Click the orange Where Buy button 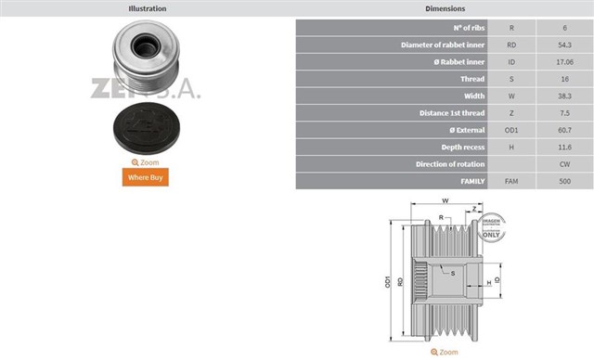click(145, 177)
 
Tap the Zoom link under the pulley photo click(145, 162)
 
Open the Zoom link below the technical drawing click(444, 353)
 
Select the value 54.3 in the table click(563, 45)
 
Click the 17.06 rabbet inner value click(563, 62)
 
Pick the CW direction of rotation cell click(563, 163)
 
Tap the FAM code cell click(510, 180)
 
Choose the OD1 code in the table click(510, 130)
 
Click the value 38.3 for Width click(563, 96)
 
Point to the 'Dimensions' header click(445, 8)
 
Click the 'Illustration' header click(147, 8)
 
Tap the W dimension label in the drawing click(445, 201)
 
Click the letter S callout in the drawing click(452, 273)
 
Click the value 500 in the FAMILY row click(563, 180)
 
